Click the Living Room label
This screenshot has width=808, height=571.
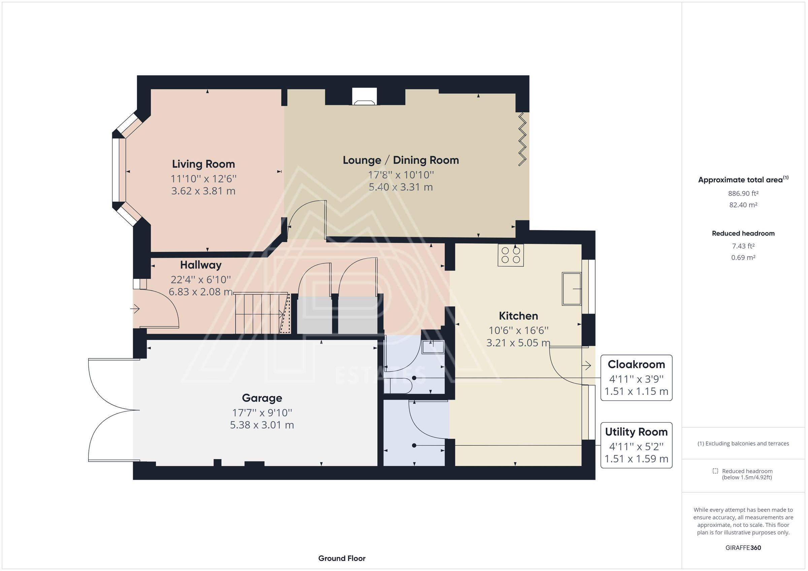[203, 164]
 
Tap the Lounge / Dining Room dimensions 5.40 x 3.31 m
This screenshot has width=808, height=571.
[401, 187]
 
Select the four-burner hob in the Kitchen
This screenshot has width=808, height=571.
[511, 255]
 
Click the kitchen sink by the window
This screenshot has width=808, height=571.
[571, 289]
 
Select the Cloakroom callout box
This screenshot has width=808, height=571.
[636, 378]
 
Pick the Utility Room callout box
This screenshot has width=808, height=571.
[636, 445]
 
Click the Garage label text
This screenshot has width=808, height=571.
[262, 398]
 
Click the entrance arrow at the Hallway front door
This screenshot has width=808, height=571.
[135, 309]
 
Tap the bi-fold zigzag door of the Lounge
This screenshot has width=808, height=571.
[522, 139]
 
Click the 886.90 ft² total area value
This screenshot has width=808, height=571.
[743, 193]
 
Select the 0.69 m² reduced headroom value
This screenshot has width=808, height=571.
[743, 257]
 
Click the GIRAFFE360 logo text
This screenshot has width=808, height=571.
[743, 547]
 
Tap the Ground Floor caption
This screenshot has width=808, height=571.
[342, 558]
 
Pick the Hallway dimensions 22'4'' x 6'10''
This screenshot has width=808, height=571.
[201, 279]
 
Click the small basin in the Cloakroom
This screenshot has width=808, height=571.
[433, 347]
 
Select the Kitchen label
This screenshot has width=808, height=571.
[518, 316]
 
